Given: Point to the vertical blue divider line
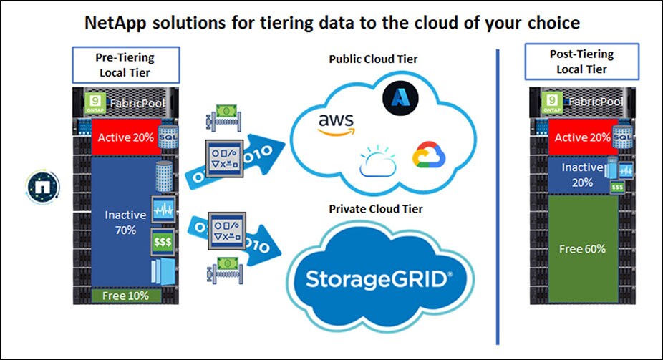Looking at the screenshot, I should [497, 193].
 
